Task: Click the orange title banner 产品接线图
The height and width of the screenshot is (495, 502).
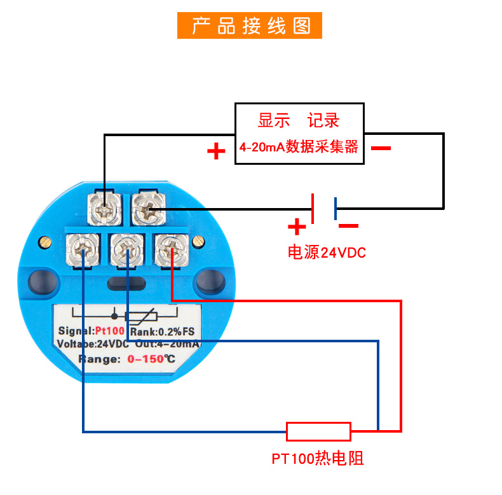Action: point(250,25)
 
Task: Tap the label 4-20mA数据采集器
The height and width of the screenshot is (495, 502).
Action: point(299,147)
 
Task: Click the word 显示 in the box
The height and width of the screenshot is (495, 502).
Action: point(273,120)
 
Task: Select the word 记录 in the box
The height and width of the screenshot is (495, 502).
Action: point(323,120)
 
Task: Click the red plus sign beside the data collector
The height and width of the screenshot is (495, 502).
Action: point(216,151)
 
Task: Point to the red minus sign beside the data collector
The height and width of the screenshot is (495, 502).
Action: point(381,148)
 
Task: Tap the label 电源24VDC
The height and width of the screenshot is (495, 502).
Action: point(327,253)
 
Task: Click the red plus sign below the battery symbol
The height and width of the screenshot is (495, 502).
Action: point(296,226)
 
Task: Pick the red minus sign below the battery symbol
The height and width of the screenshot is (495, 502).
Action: point(348,225)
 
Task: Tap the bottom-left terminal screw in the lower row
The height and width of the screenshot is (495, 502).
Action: point(83,249)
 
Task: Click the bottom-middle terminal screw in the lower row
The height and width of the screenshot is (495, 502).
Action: point(127,249)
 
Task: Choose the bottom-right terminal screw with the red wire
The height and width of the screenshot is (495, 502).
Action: point(170,249)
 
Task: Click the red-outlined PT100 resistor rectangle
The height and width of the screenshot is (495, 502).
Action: point(318,431)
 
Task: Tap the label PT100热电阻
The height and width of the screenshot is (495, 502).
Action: point(318,459)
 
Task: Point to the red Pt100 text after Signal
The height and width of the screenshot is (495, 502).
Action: point(110,331)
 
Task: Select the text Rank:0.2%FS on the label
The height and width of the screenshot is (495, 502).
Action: point(161,331)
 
